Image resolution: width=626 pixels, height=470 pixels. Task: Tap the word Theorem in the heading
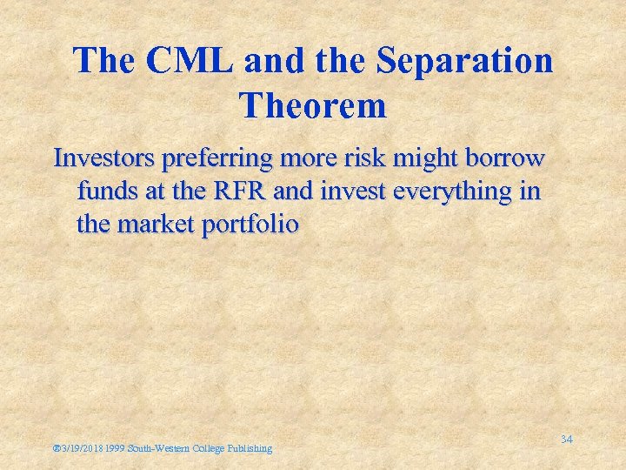pyautogui.click(x=312, y=106)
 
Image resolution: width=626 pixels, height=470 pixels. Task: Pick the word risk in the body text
pyautogui.click(x=372, y=159)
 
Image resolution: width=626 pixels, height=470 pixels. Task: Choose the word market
pyautogui.click(x=160, y=224)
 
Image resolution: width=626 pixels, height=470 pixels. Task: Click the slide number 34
pyautogui.click(x=566, y=439)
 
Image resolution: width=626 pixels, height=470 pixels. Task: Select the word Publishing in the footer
pyautogui.click(x=250, y=448)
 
